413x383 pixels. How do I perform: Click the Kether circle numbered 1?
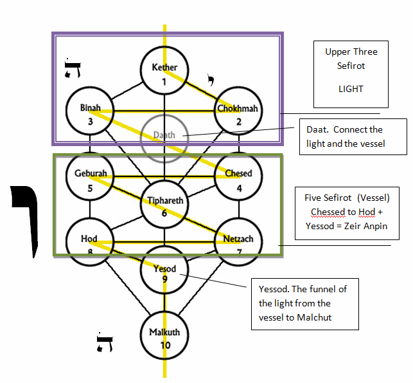(164, 72)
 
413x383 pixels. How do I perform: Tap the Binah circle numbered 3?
(91, 111)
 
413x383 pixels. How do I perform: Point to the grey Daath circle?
(164, 137)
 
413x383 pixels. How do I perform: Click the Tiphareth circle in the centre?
(164, 204)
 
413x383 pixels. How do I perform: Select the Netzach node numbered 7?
(238, 243)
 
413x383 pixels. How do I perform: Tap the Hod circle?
(91, 243)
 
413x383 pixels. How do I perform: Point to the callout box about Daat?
(353, 136)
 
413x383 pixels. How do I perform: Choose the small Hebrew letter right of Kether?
(209, 80)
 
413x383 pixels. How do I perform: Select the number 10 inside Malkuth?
(164, 346)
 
